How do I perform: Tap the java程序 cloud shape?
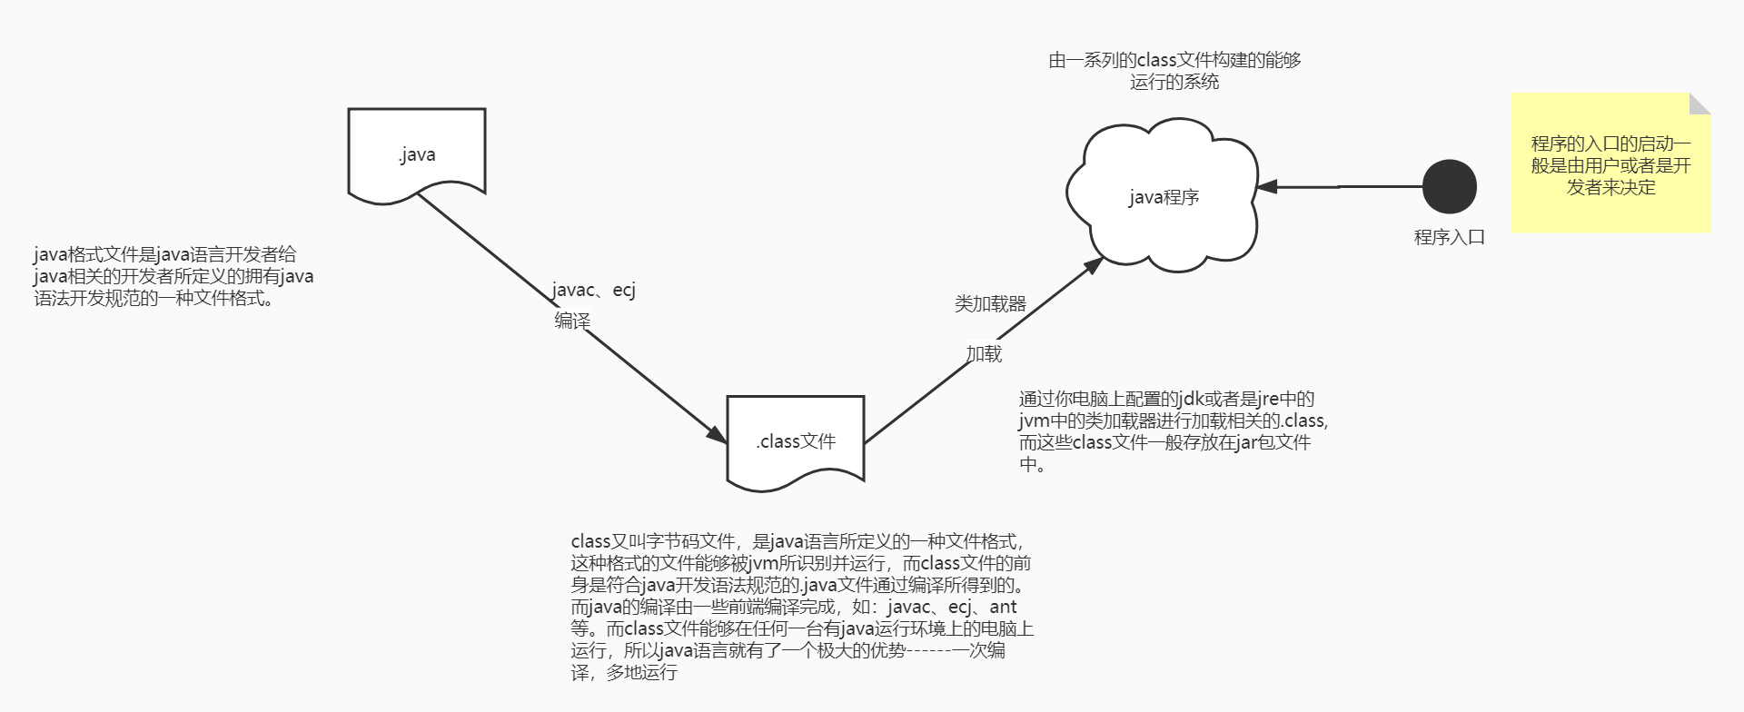pos(1164,196)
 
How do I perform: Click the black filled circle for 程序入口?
pos(1449,186)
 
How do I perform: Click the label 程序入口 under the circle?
pos(1449,237)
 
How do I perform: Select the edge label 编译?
pos(572,321)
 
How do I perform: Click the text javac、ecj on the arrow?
pos(594,290)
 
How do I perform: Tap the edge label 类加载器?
pos(990,304)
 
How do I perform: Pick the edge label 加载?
pos(984,353)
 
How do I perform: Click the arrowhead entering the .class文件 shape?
pos(718,435)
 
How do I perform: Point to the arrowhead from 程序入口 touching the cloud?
pos(1266,187)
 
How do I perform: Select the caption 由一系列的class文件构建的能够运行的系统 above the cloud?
pos(1174,71)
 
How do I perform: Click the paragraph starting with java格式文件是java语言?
pos(173,276)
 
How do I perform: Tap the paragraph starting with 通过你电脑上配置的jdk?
pos(1172,431)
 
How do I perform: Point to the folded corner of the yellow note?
pos(1700,103)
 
